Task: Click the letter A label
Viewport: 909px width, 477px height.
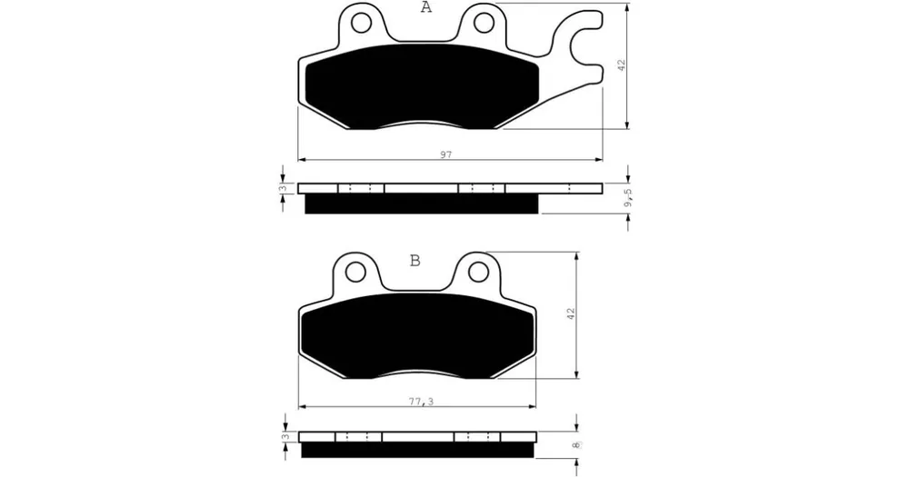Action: point(426,7)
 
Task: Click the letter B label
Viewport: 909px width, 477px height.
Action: point(415,261)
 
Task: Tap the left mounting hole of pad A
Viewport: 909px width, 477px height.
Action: point(360,23)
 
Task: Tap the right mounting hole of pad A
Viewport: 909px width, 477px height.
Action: point(483,23)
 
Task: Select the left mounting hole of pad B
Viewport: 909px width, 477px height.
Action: point(356,271)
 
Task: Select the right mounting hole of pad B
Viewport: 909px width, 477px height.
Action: point(478,271)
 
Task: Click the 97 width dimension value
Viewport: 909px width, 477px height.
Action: point(445,154)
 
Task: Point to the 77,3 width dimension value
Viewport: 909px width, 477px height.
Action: point(421,401)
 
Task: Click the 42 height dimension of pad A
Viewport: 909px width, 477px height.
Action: point(622,65)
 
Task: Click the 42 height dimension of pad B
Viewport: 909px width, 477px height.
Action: point(571,314)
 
